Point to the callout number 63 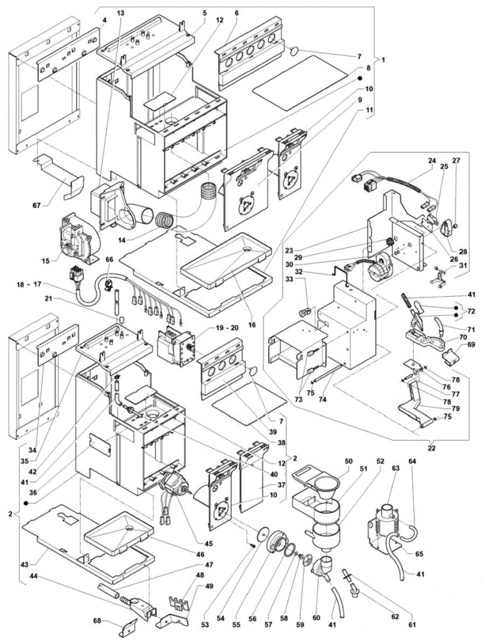395,468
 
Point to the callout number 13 121,13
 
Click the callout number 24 432,160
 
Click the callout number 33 289,280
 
